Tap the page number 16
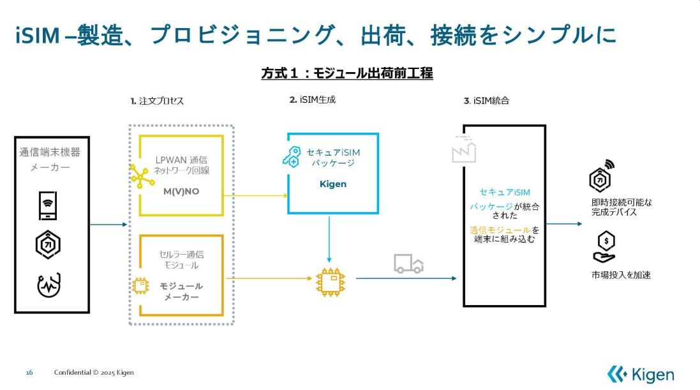click(29, 372)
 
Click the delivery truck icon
click(408, 264)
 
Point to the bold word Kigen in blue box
click(332, 184)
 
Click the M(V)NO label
click(181, 192)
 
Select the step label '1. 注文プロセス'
click(158, 101)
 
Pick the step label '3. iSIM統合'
click(486, 101)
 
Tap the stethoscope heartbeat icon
click(48, 286)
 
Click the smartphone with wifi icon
click(48, 204)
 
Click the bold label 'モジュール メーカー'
click(181, 291)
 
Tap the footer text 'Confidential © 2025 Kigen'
click(94, 372)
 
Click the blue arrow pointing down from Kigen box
click(329, 241)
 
